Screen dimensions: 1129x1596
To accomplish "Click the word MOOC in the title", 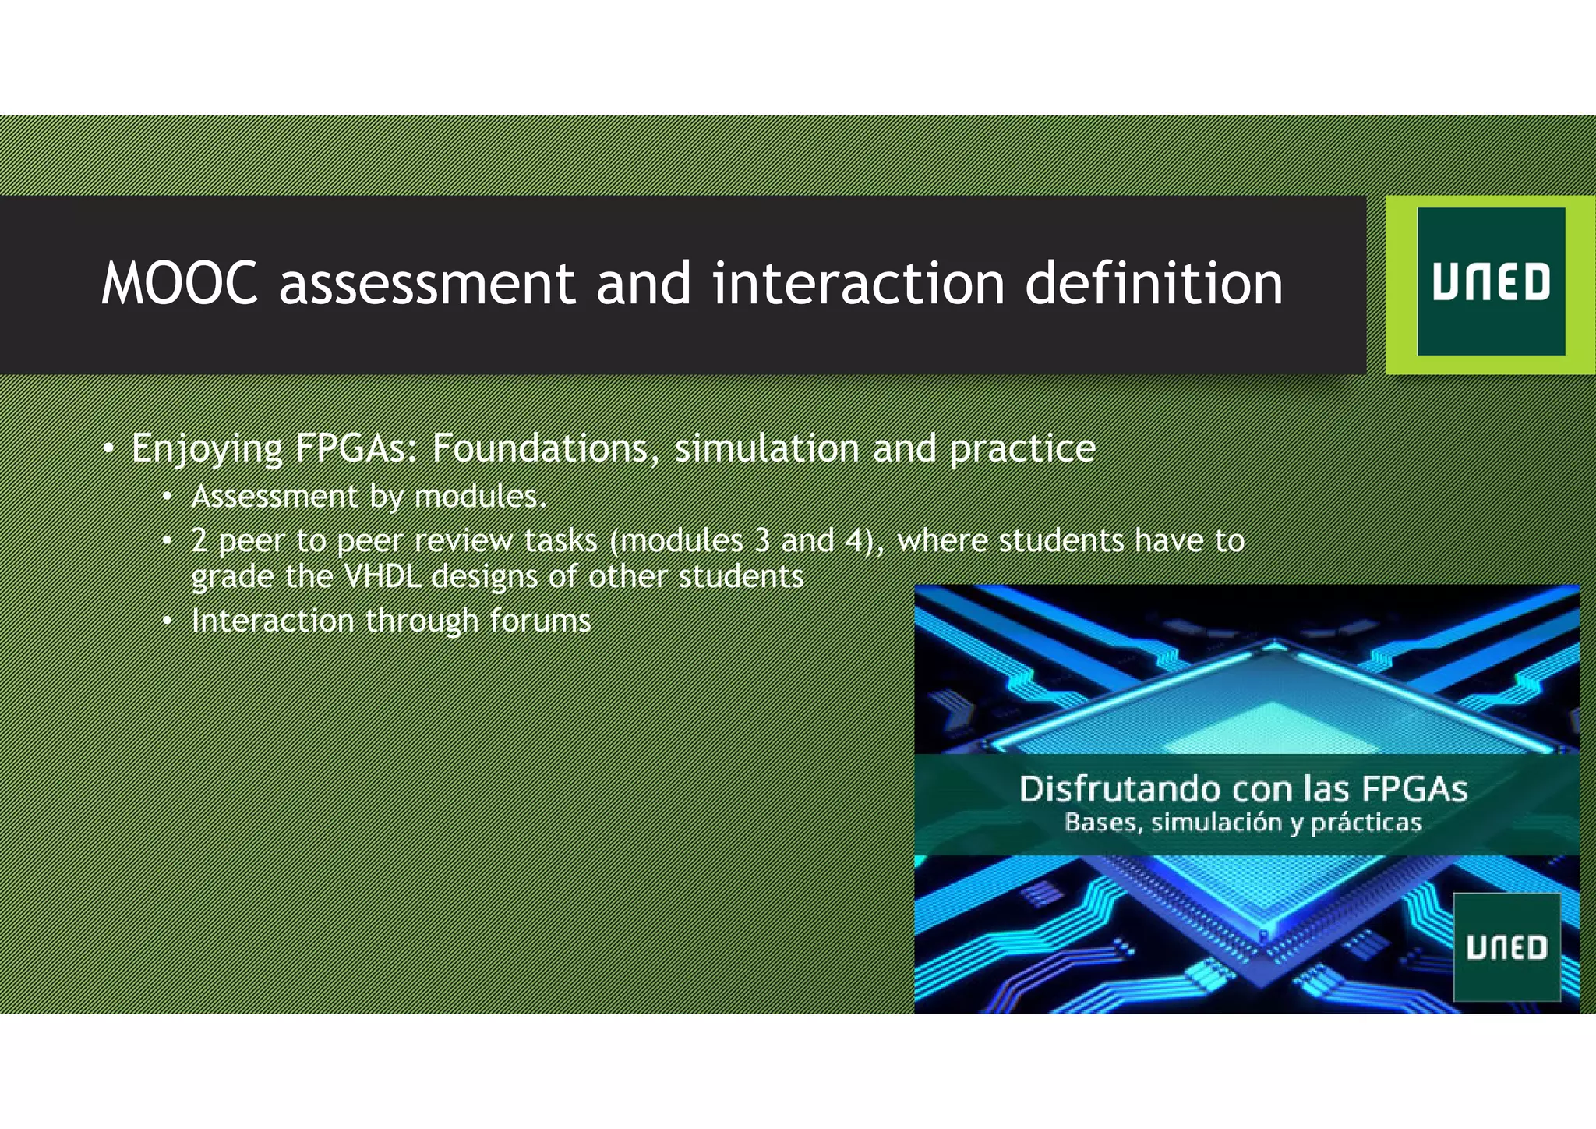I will point(179,283).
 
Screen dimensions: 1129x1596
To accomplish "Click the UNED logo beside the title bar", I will point(1491,282).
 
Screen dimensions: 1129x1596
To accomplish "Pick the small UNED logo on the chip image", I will point(1506,947).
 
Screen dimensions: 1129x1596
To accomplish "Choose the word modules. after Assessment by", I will point(480,497).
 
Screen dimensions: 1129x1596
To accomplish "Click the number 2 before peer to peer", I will point(199,540).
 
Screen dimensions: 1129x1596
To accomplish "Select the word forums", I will point(540,621).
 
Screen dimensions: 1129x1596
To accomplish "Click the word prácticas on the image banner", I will point(1366,823).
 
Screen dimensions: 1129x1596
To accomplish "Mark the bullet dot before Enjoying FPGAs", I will point(109,448).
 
